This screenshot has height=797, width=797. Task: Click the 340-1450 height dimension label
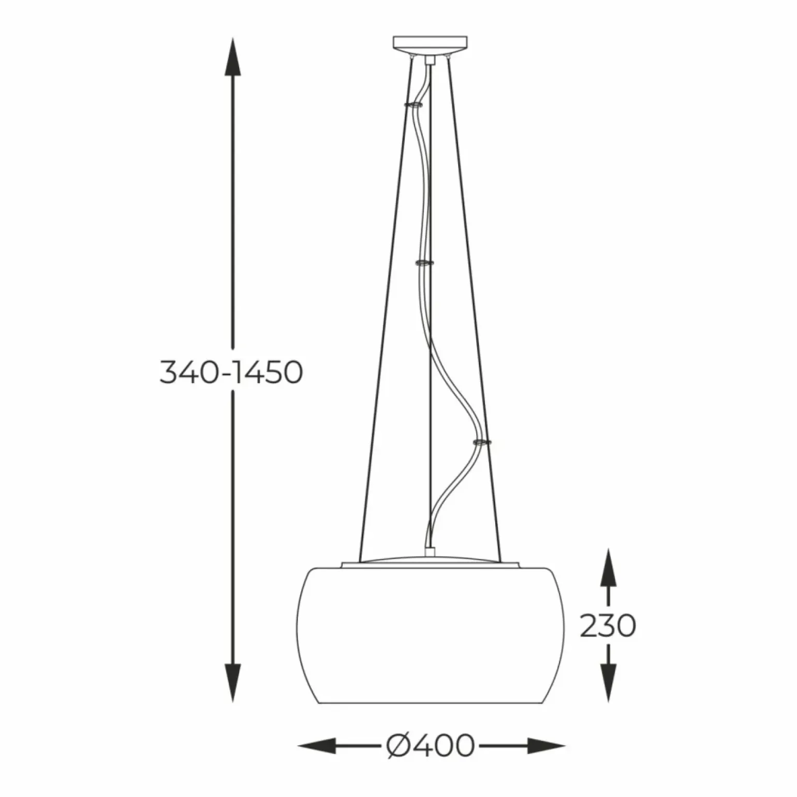pos(231,372)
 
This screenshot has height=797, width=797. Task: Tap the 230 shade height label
pos(608,626)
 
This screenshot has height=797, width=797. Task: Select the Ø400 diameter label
pos(431,745)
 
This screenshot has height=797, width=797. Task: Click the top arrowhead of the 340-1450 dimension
pos(232,57)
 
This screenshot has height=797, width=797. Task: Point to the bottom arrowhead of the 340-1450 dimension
pos(232,683)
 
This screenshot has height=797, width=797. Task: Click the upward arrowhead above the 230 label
pos(608,567)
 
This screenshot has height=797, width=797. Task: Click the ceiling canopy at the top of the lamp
pos(430,44)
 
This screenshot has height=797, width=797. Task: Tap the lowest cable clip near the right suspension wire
pos(481,442)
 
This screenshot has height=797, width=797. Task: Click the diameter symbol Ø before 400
pos(399,745)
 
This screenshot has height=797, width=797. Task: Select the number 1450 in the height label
pos(267,372)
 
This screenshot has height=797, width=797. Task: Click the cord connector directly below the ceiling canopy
pos(429,61)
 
